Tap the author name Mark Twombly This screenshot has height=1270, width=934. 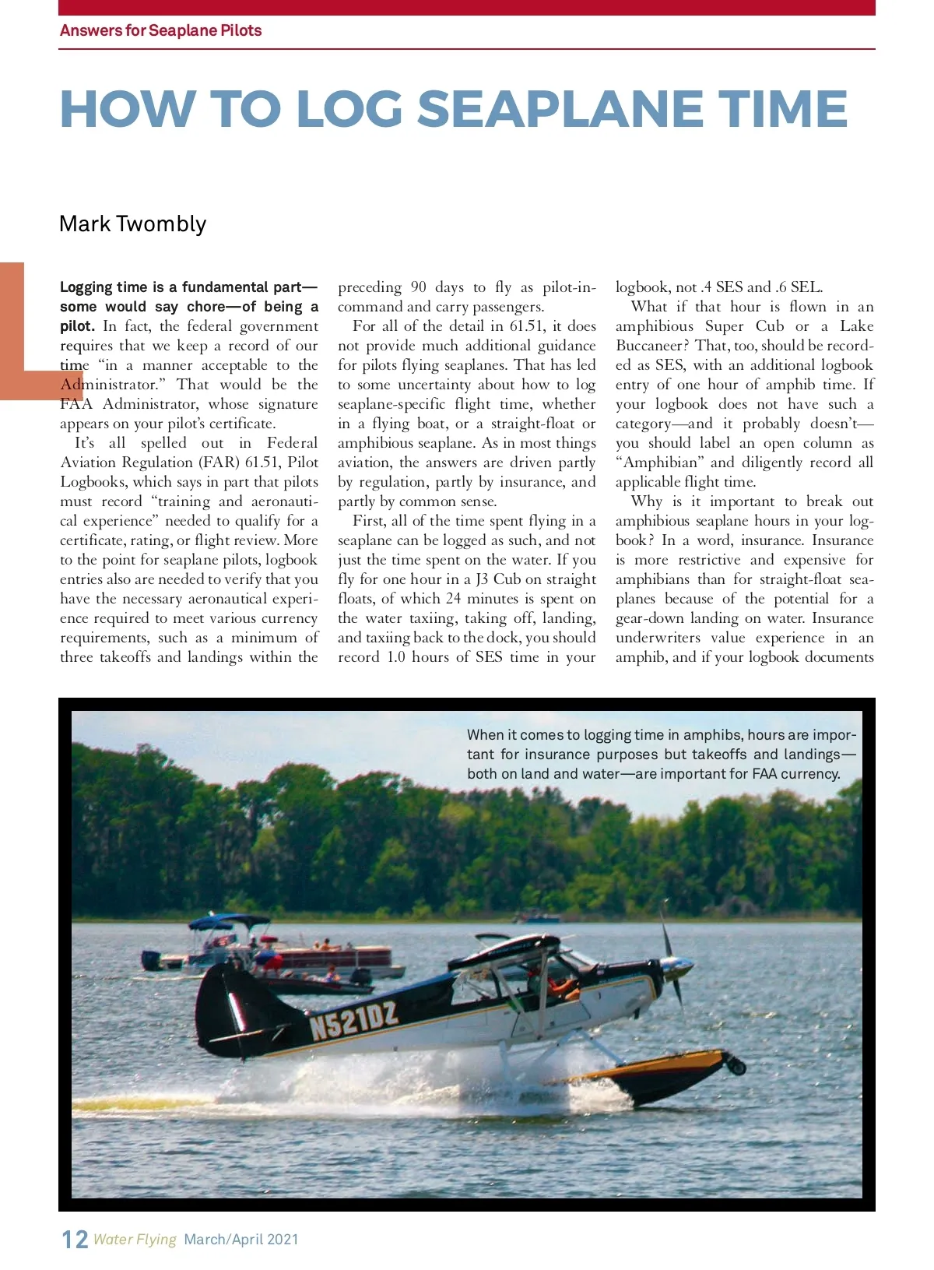[133, 224]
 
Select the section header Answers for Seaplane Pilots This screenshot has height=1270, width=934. [160, 30]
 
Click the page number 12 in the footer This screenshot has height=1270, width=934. [75, 1240]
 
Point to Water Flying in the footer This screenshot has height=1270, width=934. [135, 1240]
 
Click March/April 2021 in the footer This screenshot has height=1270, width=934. [241, 1240]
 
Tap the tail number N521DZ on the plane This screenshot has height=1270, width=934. [354, 1019]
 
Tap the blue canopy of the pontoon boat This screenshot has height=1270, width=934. [229, 922]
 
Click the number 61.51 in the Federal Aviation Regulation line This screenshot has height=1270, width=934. [262, 463]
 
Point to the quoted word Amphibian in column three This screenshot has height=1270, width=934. [659, 463]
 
